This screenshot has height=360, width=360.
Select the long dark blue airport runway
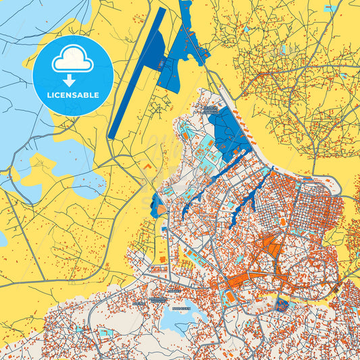134,74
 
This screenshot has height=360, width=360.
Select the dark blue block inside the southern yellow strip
282,305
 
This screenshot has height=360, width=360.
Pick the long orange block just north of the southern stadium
236,281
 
